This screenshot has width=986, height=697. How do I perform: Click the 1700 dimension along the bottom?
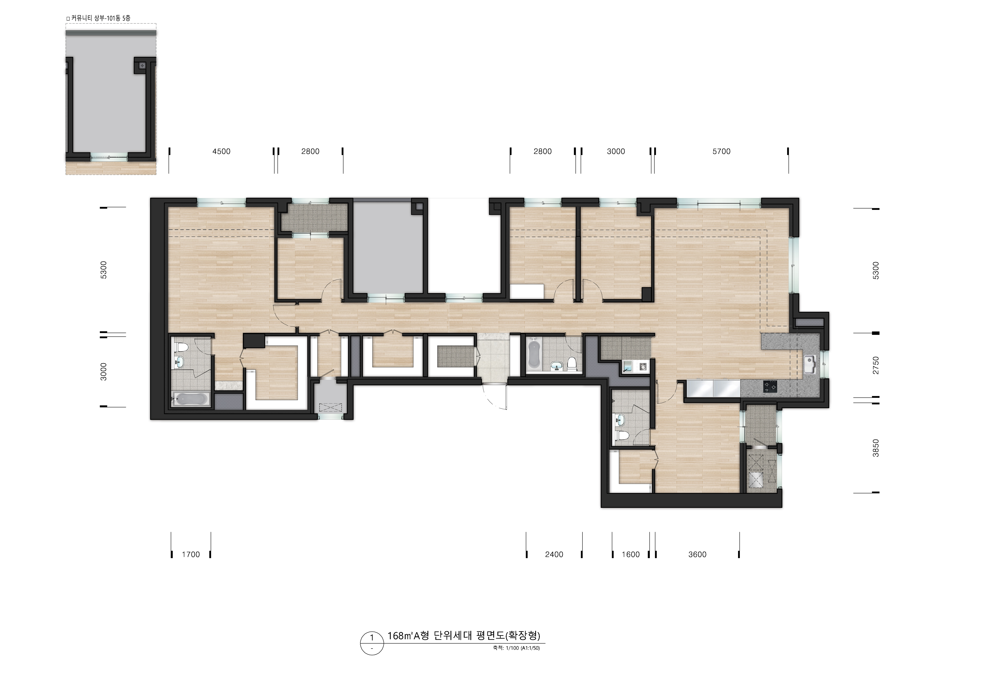(x=191, y=554)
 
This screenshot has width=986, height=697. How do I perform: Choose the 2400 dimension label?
(x=554, y=554)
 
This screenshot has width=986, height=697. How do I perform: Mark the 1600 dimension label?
(x=630, y=554)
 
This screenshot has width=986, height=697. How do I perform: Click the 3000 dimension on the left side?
(x=104, y=372)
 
